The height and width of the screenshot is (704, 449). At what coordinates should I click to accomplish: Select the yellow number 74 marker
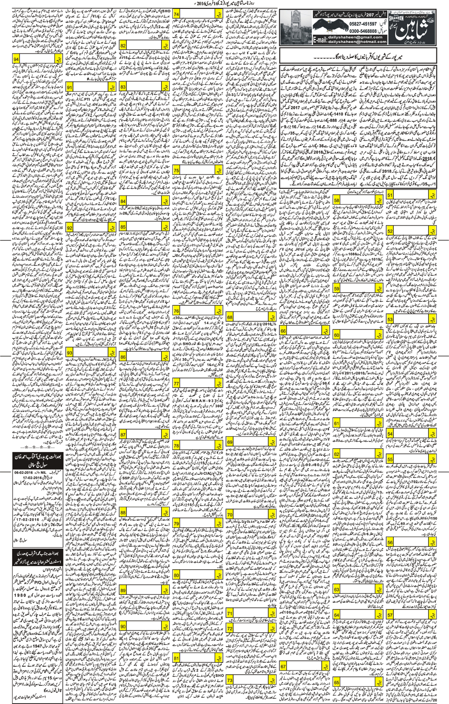tap(177, 14)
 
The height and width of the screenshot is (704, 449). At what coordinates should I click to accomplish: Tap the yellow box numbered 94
tap(17, 60)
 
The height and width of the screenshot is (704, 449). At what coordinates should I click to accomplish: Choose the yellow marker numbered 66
tap(283, 331)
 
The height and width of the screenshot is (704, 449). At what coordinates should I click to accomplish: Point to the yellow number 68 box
tap(230, 317)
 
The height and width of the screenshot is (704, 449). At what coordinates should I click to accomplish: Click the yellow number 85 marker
tap(123, 227)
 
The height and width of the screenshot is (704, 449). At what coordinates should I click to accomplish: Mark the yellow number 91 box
tap(70, 87)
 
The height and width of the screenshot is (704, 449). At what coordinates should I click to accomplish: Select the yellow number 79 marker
tap(177, 523)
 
